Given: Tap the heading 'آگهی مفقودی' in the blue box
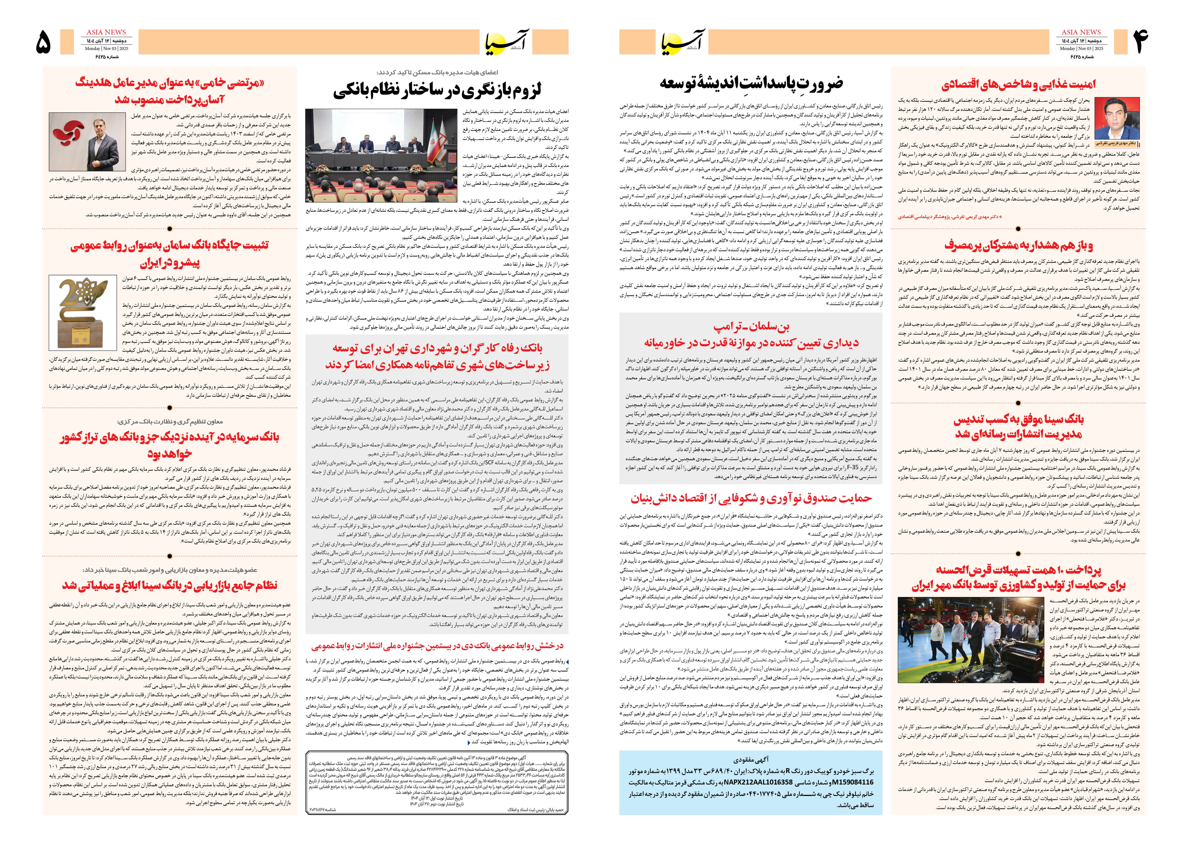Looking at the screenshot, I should coord(751,759).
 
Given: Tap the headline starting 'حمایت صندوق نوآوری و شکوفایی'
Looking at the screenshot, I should coord(751,498).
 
